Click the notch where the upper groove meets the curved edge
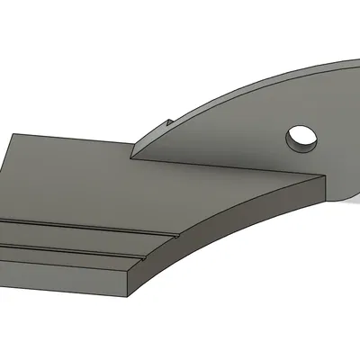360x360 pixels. [x=175, y=233]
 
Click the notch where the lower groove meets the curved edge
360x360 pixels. [x=139, y=258]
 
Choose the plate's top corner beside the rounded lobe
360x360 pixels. [x=322, y=177]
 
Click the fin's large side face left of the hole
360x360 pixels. [x=225, y=135]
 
